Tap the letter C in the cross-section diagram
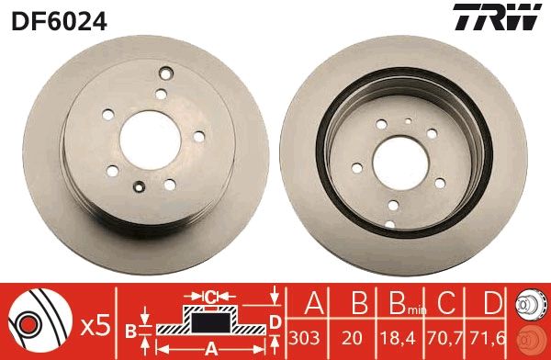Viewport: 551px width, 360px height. (209, 297)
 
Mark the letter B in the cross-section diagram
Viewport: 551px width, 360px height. (130, 330)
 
